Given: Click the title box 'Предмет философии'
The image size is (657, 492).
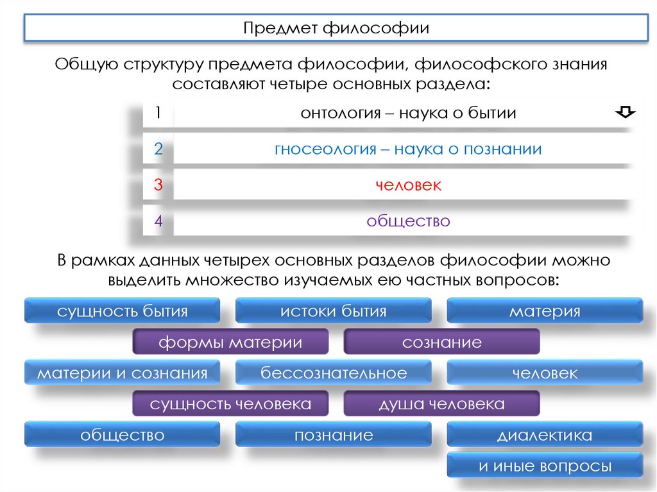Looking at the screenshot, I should pos(336,29).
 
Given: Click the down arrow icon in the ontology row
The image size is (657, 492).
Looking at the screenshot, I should pos(625,113).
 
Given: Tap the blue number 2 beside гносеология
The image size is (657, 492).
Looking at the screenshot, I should pos(158,149).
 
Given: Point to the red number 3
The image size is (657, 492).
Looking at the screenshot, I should pos(158,185).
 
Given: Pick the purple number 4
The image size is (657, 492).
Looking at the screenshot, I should pos(158,221).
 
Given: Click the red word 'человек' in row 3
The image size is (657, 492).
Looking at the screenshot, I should pos(408,185).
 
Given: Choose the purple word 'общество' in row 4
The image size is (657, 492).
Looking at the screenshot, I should pos(408,221).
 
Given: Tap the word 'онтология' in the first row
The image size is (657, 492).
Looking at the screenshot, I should pos(337,114).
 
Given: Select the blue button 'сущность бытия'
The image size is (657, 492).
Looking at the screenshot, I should pos(122,312).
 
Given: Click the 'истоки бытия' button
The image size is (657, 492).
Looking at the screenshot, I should pos(333,312).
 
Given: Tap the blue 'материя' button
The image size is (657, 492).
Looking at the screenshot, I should pos(545,312).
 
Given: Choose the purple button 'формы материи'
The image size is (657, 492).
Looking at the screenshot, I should pos(230,343).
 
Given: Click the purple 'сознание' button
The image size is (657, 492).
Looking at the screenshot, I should pos(441,343).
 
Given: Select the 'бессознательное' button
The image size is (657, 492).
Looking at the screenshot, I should pos(333,373).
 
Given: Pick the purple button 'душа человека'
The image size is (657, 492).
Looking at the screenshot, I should pos(441,404).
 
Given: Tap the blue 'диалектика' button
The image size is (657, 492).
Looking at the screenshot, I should pos(545,436).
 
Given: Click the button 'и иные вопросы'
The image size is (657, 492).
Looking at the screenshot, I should pos(545,466).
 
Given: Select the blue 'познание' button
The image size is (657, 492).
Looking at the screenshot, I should pos(333,436).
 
